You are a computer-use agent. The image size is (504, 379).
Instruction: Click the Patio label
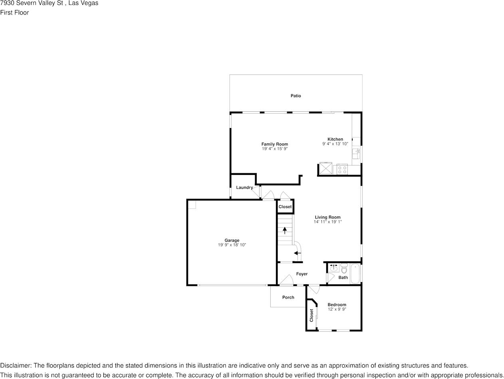(x=296, y=96)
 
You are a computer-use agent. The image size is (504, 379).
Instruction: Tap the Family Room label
(x=275, y=144)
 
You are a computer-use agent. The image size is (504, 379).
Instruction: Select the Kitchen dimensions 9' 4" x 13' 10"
(x=335, y=144)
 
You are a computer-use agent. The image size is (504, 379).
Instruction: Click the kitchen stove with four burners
(x=342, y=169)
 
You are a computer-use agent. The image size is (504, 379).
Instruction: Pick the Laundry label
(x=244, y=188)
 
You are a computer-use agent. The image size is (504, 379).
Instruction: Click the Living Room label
(x=327, y=217)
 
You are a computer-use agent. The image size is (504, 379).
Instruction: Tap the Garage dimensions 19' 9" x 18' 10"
(x=232, y=245)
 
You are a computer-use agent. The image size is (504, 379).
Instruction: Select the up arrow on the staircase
(x=285, y=230)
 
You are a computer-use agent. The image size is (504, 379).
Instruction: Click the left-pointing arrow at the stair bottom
(x=298, y=253)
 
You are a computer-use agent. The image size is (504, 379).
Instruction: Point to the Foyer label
(x=302, y=274)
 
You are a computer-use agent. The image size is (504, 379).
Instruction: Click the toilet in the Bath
(x=344, y=269)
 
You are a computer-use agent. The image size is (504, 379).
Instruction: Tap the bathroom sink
(x=334, y=268)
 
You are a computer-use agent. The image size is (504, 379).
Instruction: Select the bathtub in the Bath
(x=355, y=274)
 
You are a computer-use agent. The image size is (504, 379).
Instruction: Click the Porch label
(x=288, y=297)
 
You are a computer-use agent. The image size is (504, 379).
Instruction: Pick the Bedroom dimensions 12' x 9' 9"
(x=337, y=309)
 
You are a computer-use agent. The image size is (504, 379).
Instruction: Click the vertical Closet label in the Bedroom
(x=312, y=315)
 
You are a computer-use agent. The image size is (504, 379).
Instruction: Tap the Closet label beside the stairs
(x=285, y=207)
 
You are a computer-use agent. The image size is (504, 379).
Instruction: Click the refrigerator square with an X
(x=326, y=168)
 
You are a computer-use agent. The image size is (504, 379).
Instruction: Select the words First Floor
(x=15, y=12)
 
